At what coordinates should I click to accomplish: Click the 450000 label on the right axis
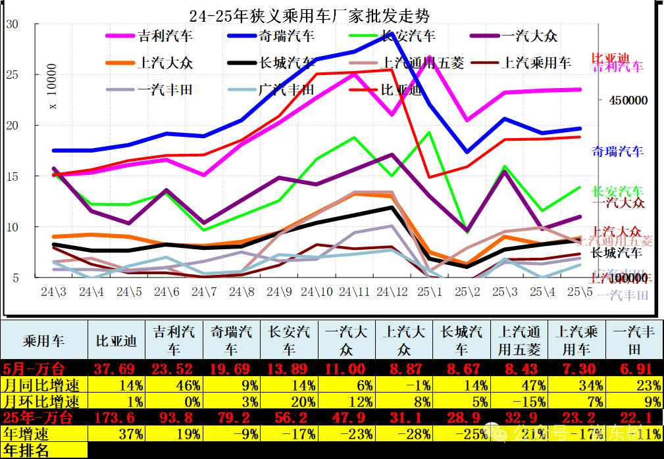628,101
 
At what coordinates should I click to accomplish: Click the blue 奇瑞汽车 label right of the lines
617,151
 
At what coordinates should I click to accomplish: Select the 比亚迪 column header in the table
116,341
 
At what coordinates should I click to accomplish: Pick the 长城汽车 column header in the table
464,341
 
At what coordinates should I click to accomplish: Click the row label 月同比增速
42,384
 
